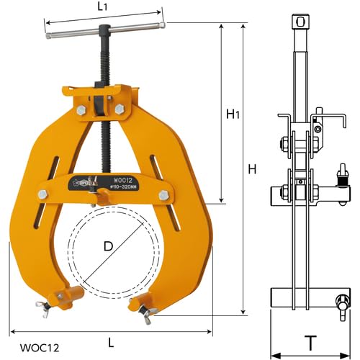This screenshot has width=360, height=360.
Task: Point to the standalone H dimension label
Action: pos(251,169)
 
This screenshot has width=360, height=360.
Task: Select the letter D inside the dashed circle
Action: pos(109,246)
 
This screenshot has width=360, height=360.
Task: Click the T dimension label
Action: pos(310,343)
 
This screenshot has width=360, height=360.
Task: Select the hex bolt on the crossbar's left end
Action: pos(42,194)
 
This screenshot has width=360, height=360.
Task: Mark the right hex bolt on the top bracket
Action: pos(119,109)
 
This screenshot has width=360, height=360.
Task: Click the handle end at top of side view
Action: pos(300,22)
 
